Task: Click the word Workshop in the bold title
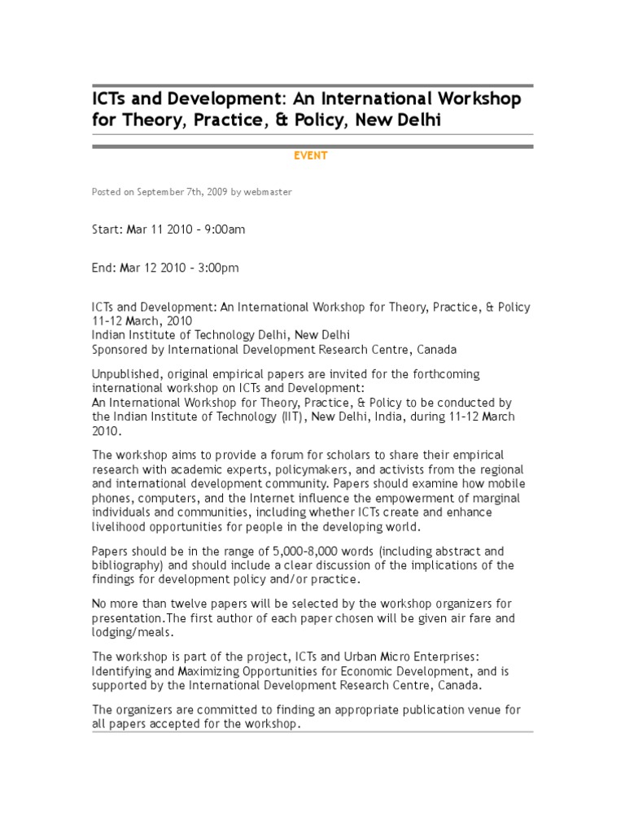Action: (474, 99)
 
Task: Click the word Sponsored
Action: (121, 350)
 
